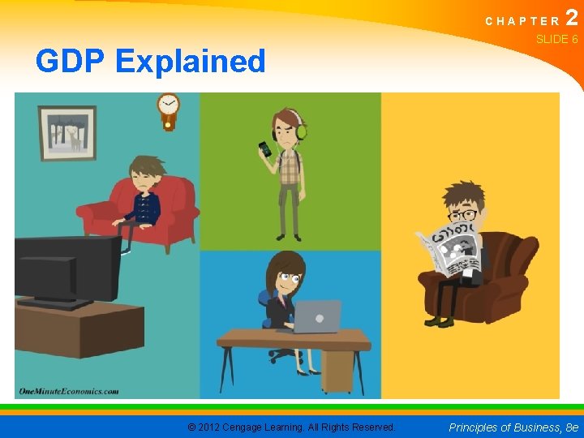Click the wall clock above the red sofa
169,107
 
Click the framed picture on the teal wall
67,132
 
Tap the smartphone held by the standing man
265,149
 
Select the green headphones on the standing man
301,130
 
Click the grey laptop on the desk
316,316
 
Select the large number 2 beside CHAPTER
572,18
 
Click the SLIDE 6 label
556,39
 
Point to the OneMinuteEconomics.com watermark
69,390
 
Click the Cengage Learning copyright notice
291,427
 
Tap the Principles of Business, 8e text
514,427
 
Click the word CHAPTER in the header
522,21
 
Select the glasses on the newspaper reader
463,216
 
